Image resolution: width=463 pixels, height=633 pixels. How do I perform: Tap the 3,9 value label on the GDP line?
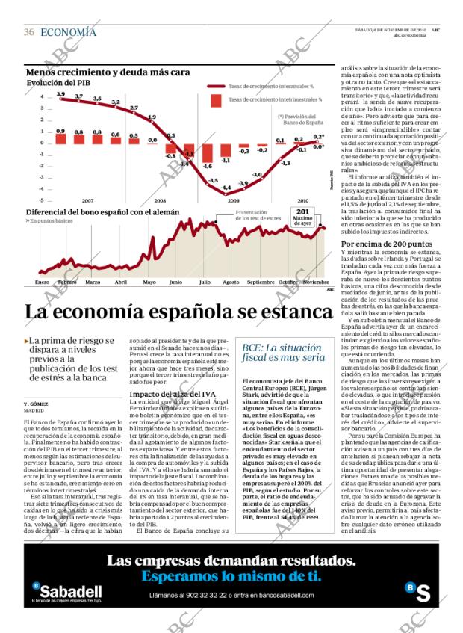click(60, 93)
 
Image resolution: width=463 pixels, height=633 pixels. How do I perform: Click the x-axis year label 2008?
click(161, 222)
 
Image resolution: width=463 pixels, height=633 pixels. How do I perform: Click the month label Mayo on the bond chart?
click(149, 282)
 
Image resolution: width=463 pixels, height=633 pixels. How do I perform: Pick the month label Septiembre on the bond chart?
click(261, 282)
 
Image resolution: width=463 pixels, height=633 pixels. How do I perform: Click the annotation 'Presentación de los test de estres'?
click(258, 237)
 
